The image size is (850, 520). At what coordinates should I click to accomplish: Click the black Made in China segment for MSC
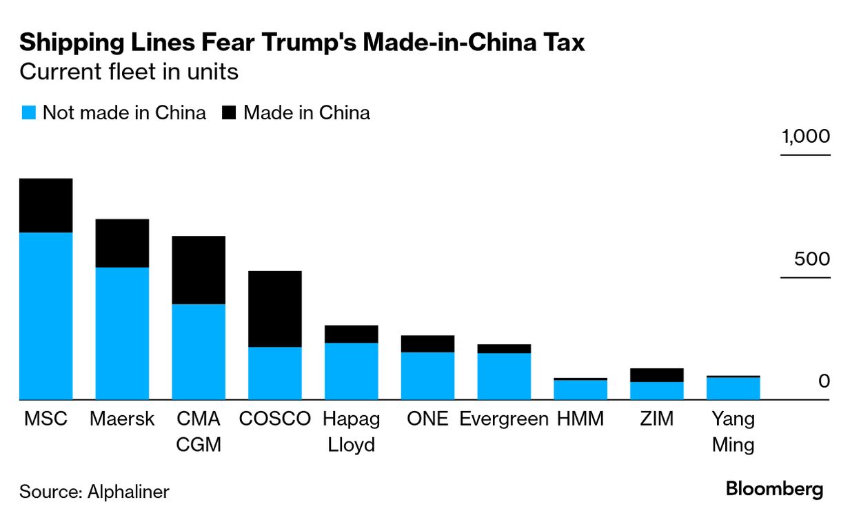click(x=45, y=206)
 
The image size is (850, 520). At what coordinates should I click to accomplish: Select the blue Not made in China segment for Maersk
click(x=122, y=333)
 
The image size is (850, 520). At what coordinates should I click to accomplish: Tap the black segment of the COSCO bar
click(x=274, y=308)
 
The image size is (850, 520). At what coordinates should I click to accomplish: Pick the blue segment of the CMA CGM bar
click(x=199, y=352)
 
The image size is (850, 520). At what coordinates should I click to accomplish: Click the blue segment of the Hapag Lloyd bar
click(x=352, y=371)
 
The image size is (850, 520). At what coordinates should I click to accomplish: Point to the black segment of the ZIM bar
click(x=656, y=375)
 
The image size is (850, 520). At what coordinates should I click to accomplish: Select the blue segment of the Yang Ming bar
click(x=733, y=388)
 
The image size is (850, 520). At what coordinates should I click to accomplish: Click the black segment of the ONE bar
click(x=427, y=343)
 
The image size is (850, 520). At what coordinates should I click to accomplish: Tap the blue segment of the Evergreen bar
click(x=504, y=376)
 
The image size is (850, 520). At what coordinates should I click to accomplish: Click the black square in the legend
click(x=229, y=113)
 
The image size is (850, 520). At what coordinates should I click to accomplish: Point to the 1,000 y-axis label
click(x=805, y=137)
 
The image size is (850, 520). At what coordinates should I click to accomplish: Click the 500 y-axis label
click(x=811, y=259)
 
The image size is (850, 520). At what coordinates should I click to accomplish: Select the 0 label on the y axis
click(x=824, y=381)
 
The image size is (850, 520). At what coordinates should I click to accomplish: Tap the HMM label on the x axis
click(x=580, y=419)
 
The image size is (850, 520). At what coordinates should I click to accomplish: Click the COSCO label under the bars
click(x=274, y=419)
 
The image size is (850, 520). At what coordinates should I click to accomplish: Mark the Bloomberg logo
click(x=774, y=490)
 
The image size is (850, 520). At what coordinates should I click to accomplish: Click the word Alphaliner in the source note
click(x=128, y=492)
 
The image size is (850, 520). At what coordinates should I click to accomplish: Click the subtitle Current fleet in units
click(x=129, y=71)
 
